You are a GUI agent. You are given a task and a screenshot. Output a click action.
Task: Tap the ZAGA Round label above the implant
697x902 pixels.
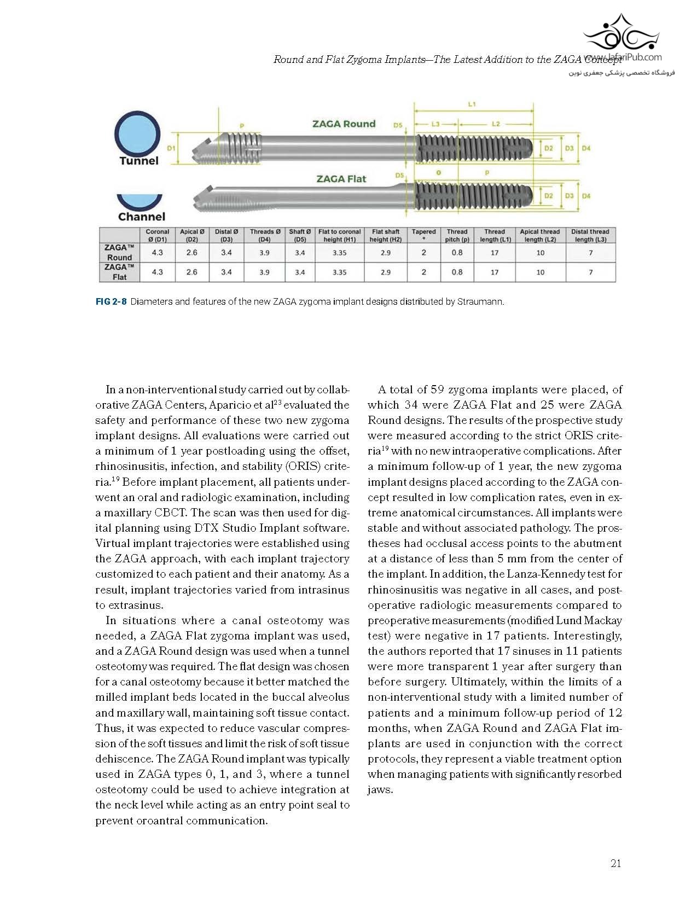click(x=344, y=124)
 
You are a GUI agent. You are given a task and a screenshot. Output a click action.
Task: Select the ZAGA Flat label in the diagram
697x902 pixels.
click(x=341, y=179)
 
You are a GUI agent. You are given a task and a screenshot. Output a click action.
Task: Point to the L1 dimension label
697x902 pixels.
click(x=472, y=104)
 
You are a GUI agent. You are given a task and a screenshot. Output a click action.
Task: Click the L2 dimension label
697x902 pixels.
click(x=496, y=124)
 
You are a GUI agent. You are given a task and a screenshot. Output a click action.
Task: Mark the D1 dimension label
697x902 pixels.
click(x=171, y=148)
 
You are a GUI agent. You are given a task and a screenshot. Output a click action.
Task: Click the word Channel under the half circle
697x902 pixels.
click(x=141, y=217)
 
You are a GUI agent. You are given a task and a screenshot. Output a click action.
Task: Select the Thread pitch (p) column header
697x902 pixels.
click(x=457, y=236)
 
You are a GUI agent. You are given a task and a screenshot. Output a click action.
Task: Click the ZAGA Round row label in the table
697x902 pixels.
click(x=119, y=253)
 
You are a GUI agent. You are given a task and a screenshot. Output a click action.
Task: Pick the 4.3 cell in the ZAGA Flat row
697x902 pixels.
click(x=157, y=272)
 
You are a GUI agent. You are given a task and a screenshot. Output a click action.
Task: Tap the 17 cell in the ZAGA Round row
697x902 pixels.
click(x=495, y=253)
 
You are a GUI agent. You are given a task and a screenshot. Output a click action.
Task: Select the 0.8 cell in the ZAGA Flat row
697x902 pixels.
click(x=457, y=272)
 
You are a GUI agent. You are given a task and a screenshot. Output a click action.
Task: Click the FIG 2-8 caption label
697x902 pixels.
click(x=111, y=301)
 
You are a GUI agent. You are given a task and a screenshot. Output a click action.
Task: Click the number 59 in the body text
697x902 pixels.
click(x=437, y=390)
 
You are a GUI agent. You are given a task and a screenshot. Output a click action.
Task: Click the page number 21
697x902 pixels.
click(x=615, y=864)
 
